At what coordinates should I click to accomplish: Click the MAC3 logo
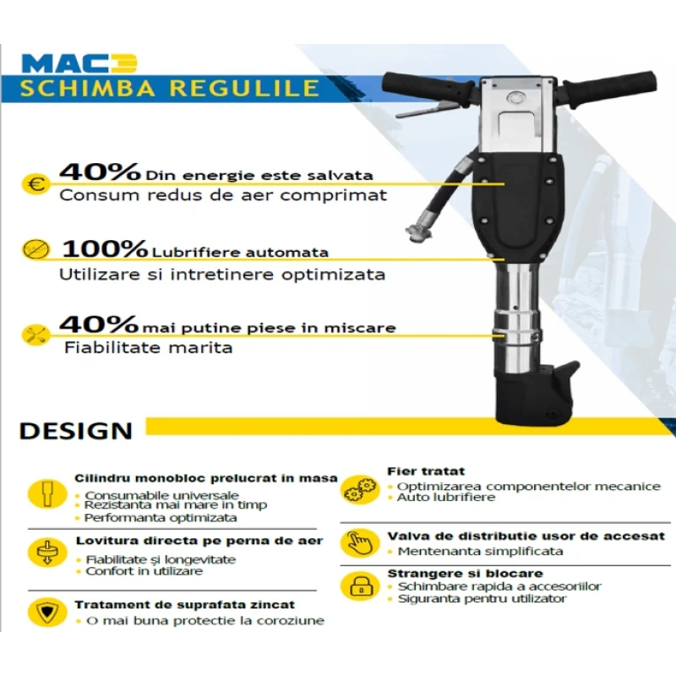point(79,63)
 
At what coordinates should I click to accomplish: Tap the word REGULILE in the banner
point(244,88)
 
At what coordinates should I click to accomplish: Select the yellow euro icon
point(35,184)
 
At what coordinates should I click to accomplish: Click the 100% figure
point(105,248)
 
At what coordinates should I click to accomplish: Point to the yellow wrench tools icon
point(35,335)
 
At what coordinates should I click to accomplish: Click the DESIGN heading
point(76,431)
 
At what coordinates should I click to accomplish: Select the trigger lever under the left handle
point(425,111)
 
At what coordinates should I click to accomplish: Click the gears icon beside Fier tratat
point(360,489)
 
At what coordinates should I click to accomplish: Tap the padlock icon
point(360,586)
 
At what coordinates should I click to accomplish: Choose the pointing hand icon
point(360,542)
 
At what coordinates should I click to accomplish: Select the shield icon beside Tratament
point(47,612)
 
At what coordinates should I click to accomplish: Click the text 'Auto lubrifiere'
point(446,498)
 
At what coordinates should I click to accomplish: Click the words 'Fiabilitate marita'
point(149,347)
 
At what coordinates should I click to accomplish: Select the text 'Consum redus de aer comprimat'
point(223,195)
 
